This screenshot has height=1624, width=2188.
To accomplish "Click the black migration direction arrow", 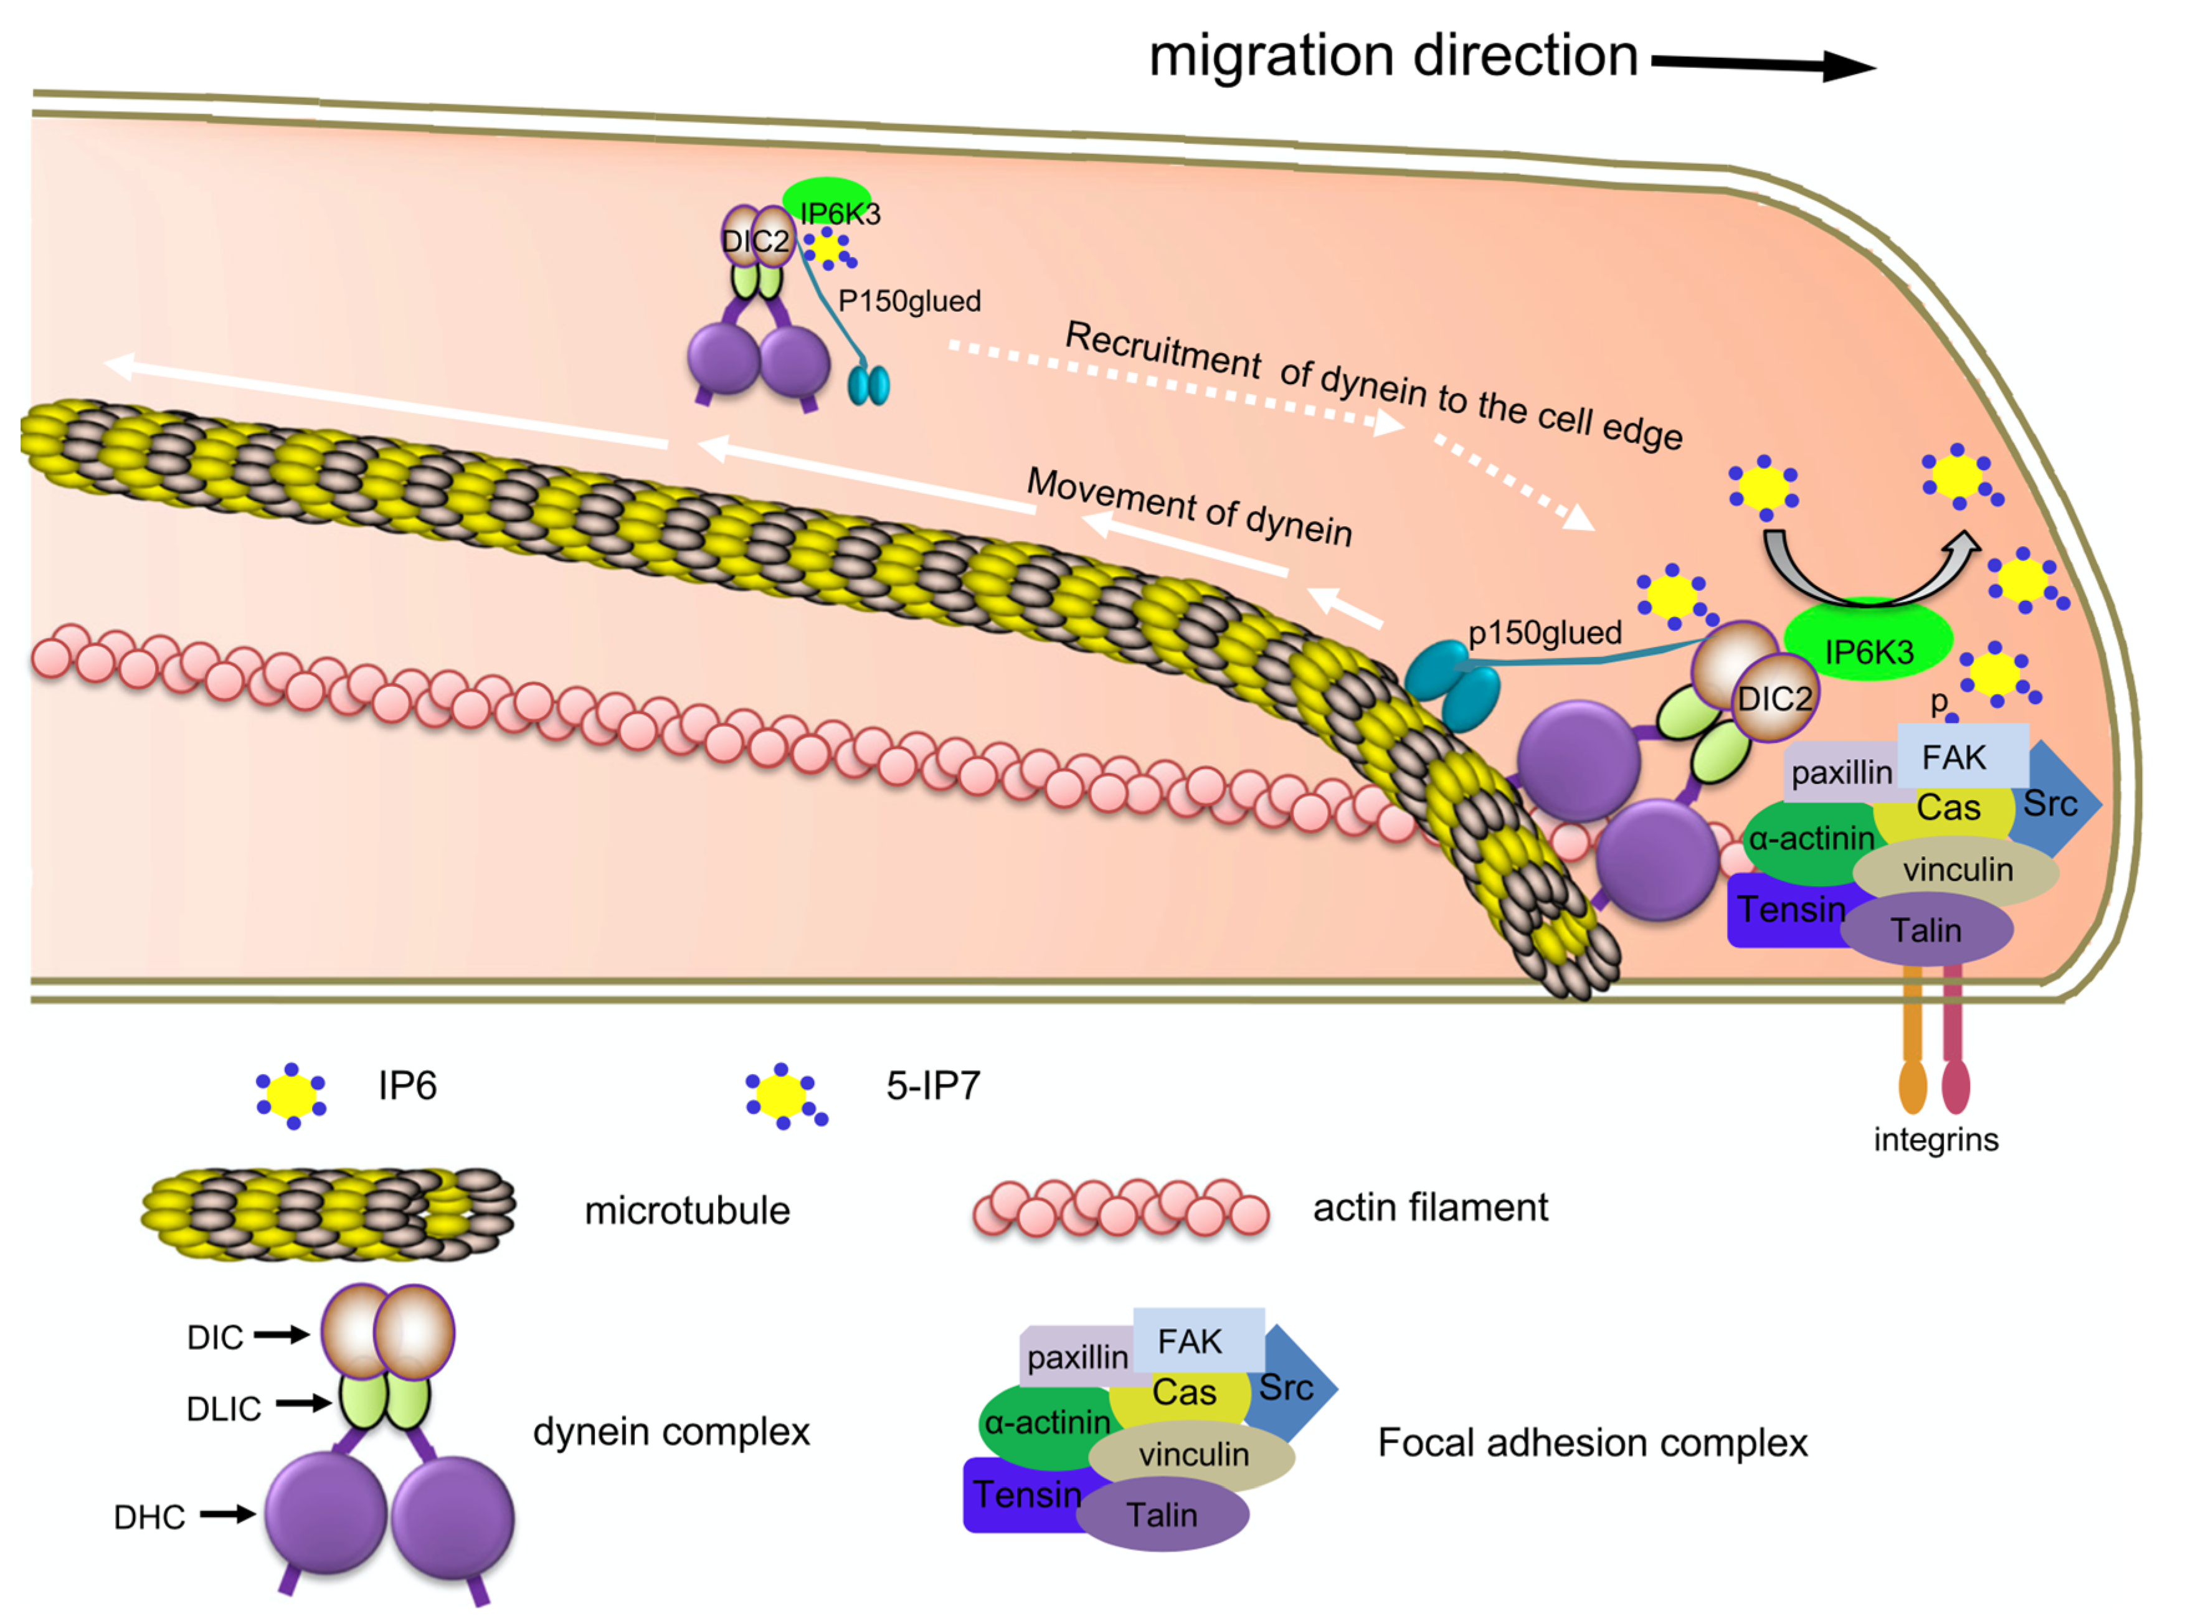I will coord(1760,65).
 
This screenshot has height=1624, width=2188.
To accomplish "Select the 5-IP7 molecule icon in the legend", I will coord(784,1095).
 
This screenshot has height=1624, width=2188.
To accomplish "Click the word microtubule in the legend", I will coord(686,1210).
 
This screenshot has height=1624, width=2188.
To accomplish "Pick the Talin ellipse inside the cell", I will coord(1925,930).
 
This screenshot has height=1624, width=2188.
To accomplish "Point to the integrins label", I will coord(1935,1140).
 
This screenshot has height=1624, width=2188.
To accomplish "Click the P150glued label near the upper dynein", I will coord(909,301).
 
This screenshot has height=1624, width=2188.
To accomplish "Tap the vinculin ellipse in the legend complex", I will coord(1192,1455).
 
